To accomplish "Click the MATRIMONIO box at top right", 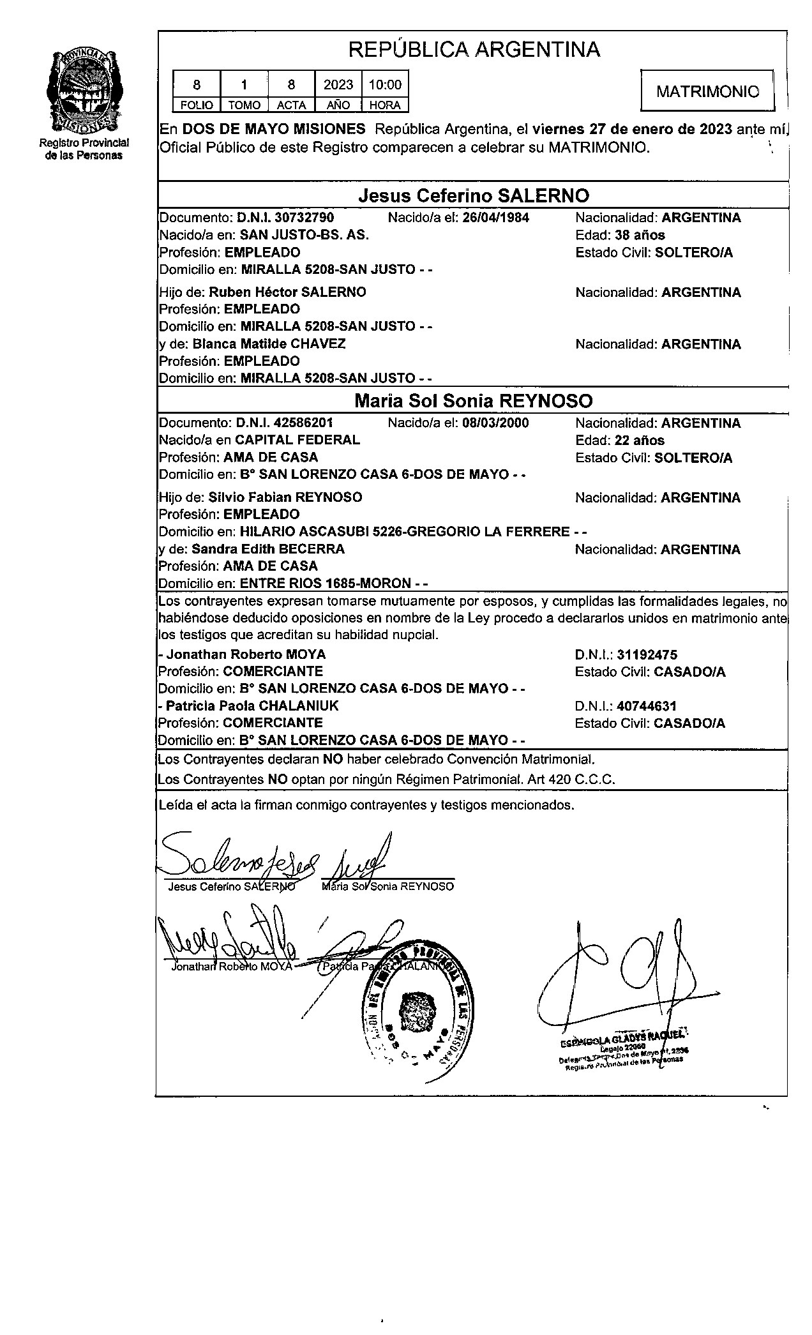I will tap(707, 92).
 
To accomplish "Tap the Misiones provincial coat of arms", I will tap(86, 89).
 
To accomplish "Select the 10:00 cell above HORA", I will tap(385, 85).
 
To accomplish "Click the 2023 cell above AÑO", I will tap(338, 85).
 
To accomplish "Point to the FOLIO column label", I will tap(197, 105).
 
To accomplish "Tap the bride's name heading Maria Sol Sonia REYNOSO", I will tap(473, 401).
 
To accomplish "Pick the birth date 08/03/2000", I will tap(495, 423).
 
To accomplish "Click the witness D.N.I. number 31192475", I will tap(647, 654).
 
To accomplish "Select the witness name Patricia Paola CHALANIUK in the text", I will tap(252, 705).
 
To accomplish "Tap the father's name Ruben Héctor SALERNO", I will tap(288, 292).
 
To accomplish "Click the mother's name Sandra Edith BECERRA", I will tap(268, 549).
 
